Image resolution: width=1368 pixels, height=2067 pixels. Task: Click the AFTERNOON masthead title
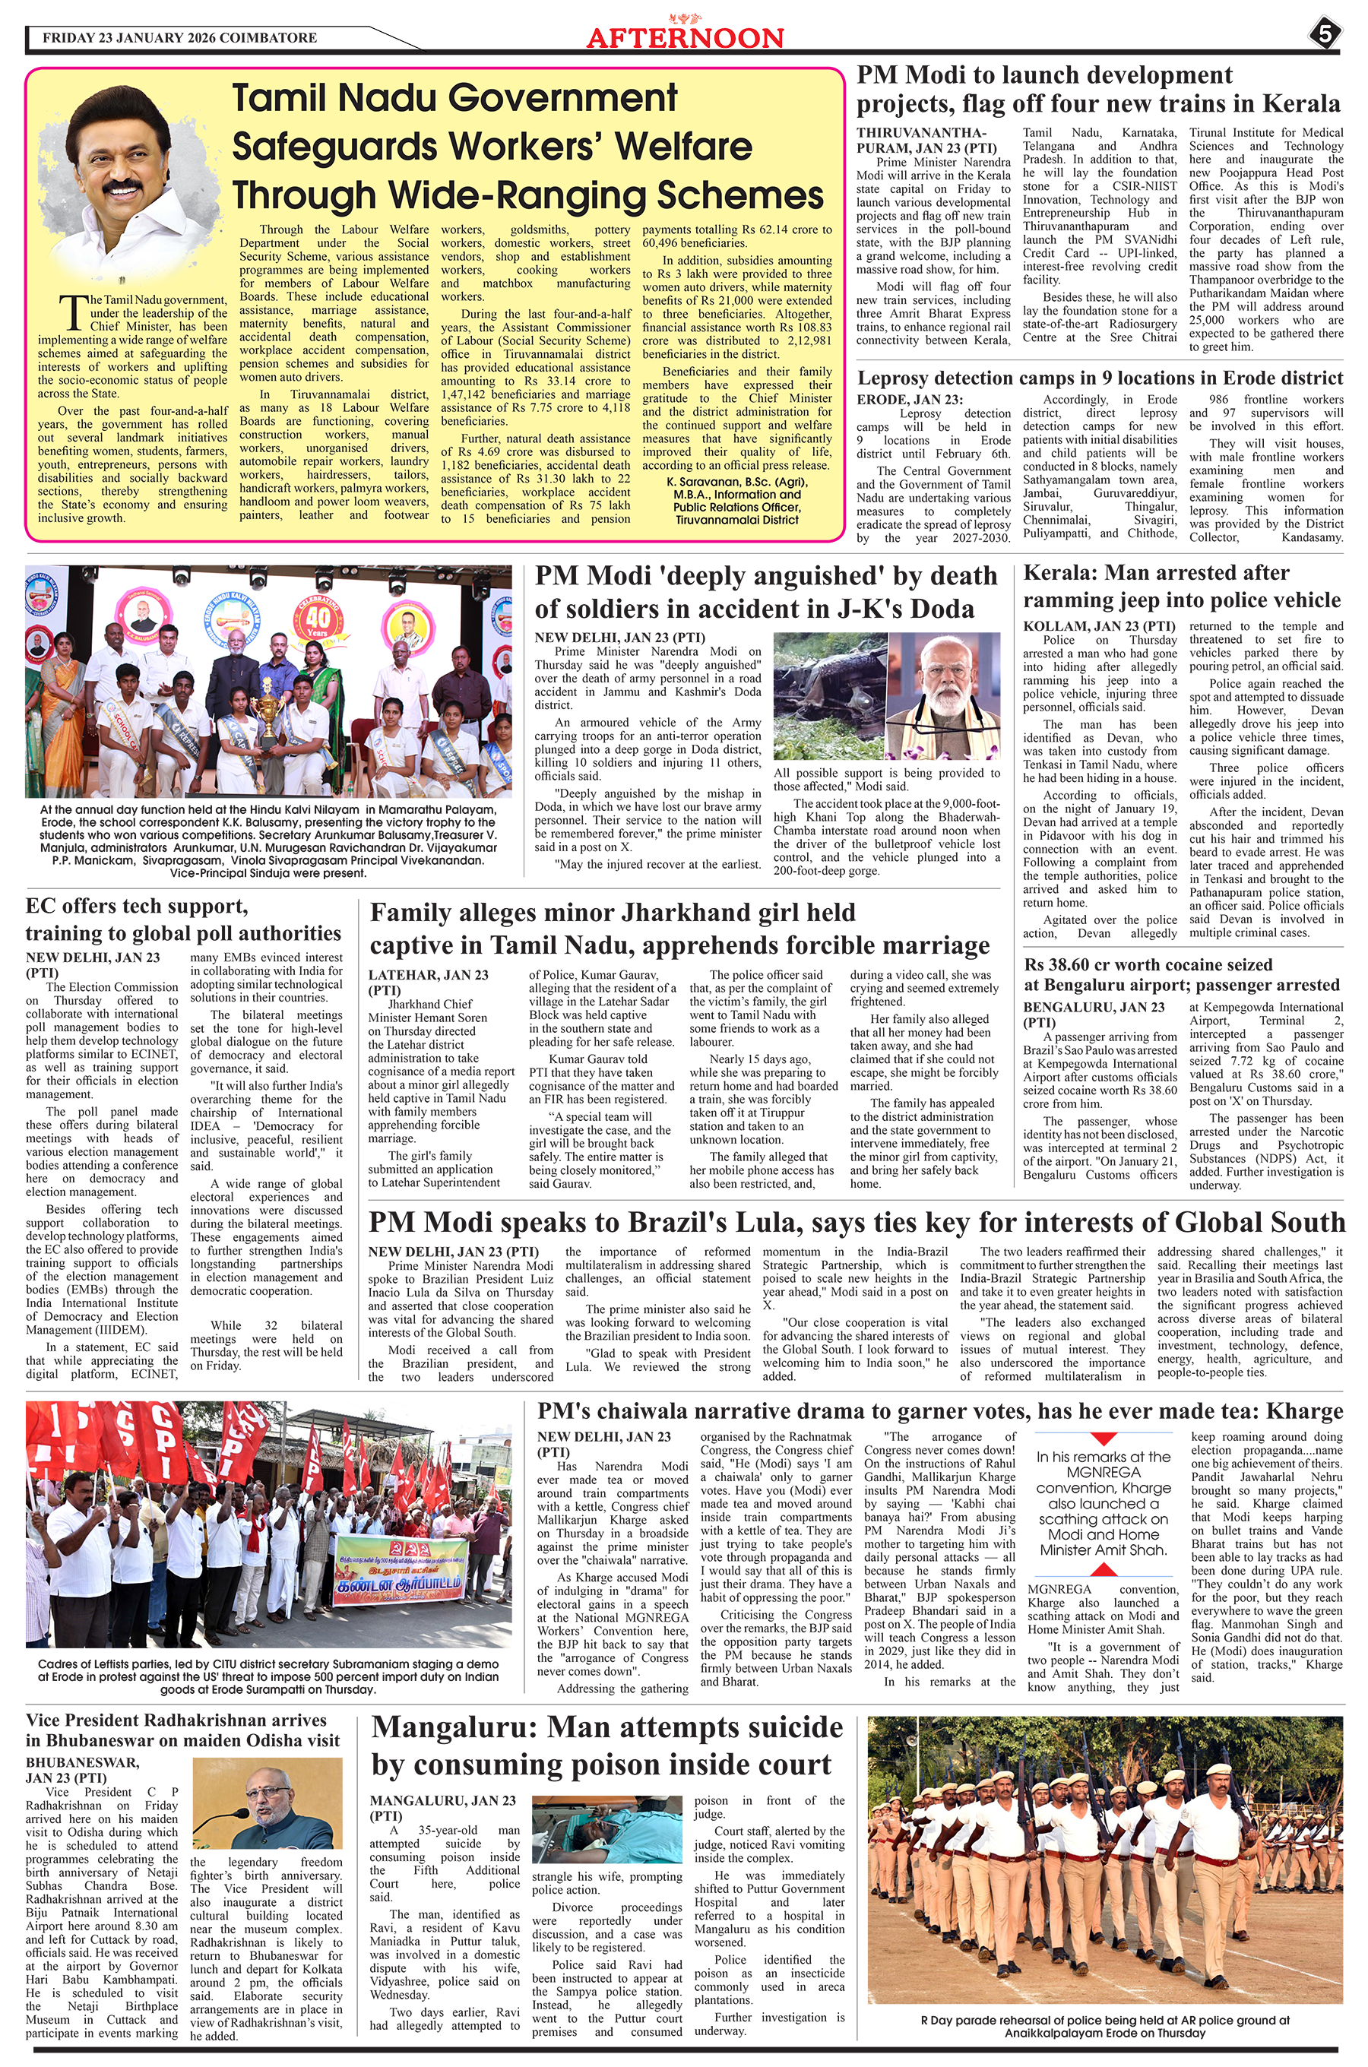click(x=685, y=37)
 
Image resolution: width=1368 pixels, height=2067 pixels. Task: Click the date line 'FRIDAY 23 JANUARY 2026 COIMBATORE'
click(x=179, y=38)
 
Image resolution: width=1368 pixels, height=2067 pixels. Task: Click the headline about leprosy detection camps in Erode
click(x=1099, y=378)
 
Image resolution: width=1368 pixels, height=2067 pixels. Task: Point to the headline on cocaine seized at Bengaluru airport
click(x=1181, y=974)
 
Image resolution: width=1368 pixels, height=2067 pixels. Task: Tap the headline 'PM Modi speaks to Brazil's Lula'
click(x=857, y=1222)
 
